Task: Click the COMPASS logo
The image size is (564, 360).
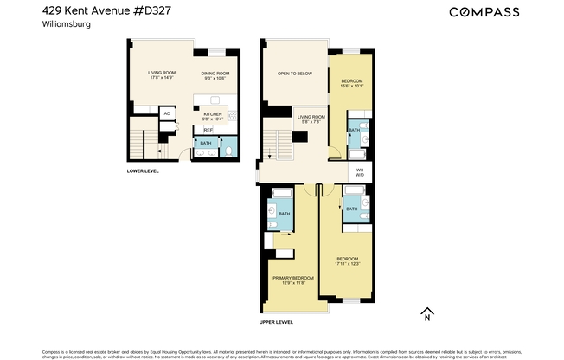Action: click(484, 12)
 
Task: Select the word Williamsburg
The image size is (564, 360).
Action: click(66, 25)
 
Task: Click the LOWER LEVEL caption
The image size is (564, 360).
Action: click(144, 171)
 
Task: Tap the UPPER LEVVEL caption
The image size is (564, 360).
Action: click(276, 322)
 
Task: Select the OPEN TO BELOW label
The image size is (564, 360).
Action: click(295, 74)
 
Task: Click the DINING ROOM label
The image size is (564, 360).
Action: click(215, 73)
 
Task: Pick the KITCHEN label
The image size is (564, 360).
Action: click(213, 113)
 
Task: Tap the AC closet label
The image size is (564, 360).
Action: click(167, 113)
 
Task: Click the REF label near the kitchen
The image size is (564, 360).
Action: click(208, 129)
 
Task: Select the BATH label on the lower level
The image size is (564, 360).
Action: click(205, 143)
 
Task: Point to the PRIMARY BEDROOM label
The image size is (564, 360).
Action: click(292, 278)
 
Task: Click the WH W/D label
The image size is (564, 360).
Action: click(359, 173)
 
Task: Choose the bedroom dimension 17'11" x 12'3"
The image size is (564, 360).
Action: click(347, 263)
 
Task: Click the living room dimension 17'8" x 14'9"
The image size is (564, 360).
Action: click(161, 78)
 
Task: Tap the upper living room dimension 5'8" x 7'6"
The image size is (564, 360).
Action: click(311, 122)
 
